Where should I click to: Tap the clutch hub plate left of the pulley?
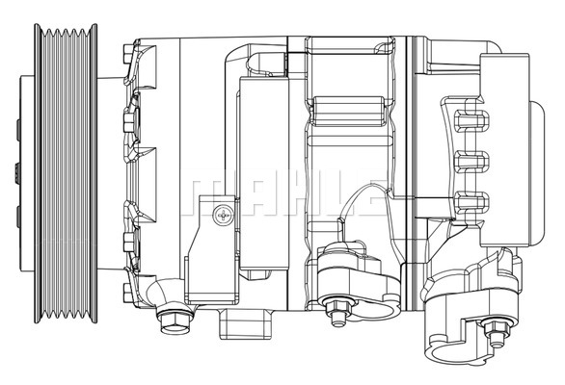13,173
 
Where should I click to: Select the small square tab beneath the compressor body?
236,319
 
